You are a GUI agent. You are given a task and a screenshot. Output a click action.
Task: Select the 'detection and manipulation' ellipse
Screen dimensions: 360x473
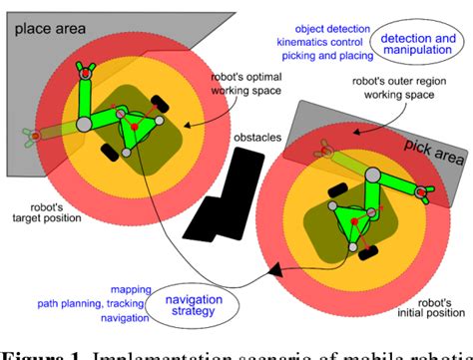point(410,41)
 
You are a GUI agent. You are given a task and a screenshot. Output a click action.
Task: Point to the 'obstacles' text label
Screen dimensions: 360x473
point(254,137)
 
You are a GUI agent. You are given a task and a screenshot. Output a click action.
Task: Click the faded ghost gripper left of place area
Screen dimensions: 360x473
point(24,136)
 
